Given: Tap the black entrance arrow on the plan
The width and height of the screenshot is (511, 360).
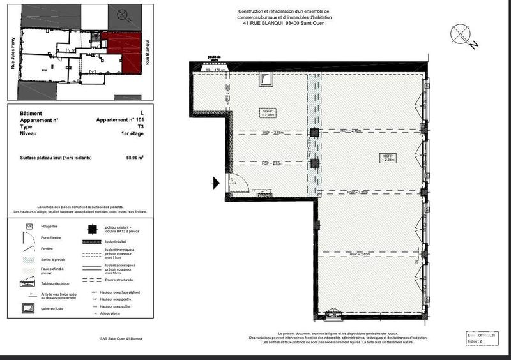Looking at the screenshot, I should (x=216, y=183).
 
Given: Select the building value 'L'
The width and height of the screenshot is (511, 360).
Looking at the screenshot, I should (x=142, y=113).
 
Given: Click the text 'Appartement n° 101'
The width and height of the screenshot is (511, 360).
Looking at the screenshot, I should (x=120, y=120).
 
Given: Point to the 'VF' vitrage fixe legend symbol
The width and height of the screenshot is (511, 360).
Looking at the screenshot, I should (x=29, y=226).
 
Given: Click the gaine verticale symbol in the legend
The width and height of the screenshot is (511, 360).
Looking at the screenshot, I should (x=29, y=308).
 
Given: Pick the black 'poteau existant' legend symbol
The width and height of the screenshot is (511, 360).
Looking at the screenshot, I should (x=92, y=229).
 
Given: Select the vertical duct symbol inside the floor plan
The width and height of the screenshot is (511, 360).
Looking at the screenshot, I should (x=266, y=79).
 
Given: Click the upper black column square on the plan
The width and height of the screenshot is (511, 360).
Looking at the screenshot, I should (x=314, y=133).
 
